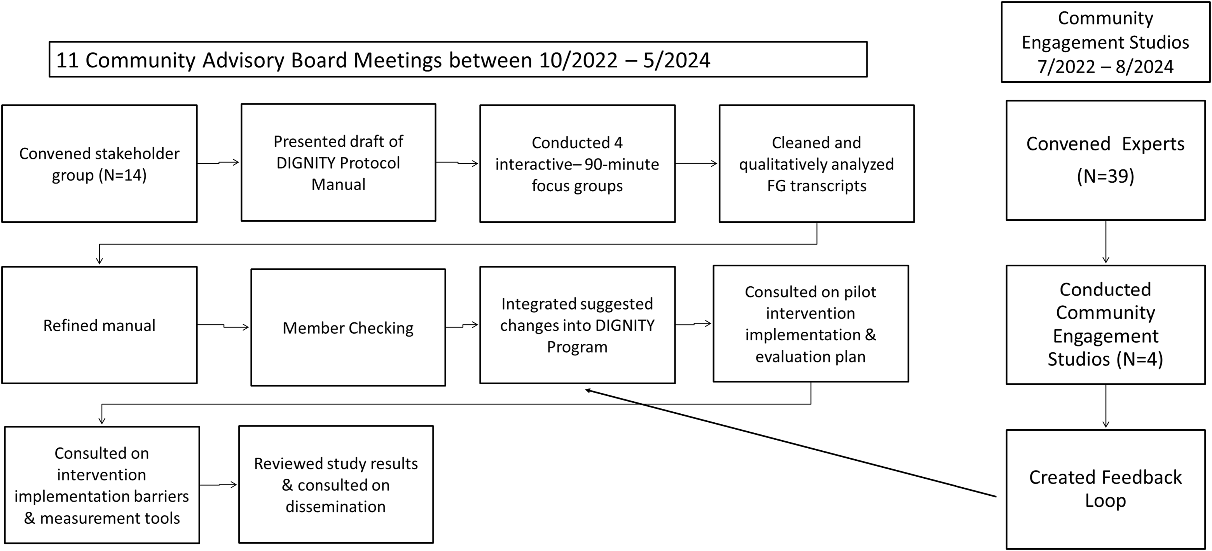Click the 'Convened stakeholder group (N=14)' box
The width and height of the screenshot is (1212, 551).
pyautogui.click(x=99, y=164)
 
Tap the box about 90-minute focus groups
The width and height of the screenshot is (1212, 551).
pyautogui.click(x=577, y=164)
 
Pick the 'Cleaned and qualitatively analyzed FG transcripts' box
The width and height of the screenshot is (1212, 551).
pyautogui.click(x=816, y=164)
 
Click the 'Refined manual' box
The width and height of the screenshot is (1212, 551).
pyautogui.click(x=99, y=325)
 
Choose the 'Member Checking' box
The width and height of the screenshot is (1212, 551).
pyautogui.click(x=348, y=327)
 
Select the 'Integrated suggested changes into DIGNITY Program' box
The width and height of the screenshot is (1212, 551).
pyautogui.click(x=577, y=325)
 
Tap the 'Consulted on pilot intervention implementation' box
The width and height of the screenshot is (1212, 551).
pyautogui.click(x=811, y=324)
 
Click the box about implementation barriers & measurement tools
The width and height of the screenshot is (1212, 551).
pyautogui.click(x=101, y=485)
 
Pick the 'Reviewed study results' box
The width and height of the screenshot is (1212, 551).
pyautogui.click(x=336, y=485)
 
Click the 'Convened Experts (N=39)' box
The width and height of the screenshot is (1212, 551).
pyautogui.click(x=1105, y=160)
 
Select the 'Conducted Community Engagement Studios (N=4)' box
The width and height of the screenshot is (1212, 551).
pyautogui.click(x=1105, y=325)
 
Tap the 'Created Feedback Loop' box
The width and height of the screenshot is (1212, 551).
pyautogui.click(x=1105, y=489)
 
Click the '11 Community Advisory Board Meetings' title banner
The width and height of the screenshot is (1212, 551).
pyautogui.click(x=458, y=60)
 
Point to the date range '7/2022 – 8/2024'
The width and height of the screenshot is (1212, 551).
pyautogui.click(x=1105, y=67)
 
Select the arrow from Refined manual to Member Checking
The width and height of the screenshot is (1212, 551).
pyautogui.click(x=223, y=325)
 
